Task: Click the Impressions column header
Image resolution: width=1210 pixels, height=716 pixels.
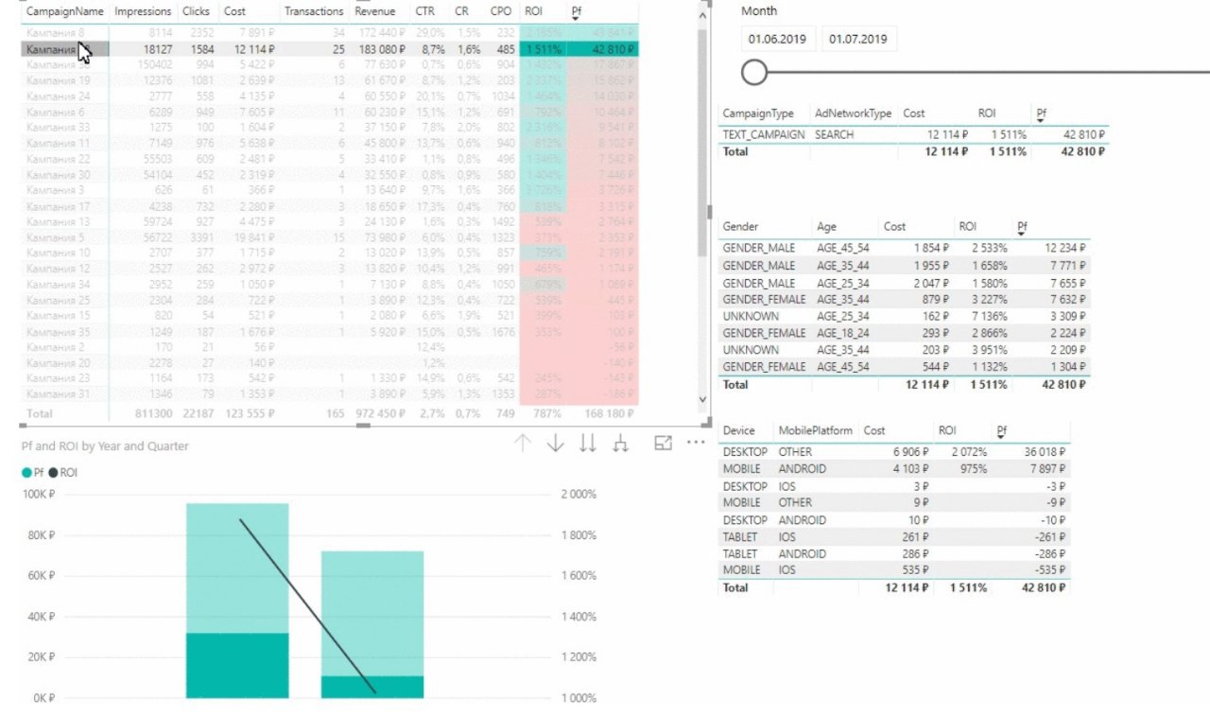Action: click(x=142, y=11)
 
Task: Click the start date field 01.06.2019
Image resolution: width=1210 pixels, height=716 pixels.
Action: click(x=776, y=40)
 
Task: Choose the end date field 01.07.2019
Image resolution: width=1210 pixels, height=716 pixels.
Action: click(x=857, y=40)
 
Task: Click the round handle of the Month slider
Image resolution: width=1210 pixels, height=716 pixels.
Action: click(x=754, y=72)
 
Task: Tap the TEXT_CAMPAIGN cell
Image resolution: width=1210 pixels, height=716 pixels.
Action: click(x=764, y=135)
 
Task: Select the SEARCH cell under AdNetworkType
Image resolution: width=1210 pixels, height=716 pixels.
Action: click(x=834, y=135)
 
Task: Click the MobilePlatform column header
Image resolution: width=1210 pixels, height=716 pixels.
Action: click(x=815, y=430)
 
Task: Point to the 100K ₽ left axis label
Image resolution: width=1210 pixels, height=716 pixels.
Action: click(x=39, y=495)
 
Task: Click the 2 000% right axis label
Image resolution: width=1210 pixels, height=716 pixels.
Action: click(x=578, y=495)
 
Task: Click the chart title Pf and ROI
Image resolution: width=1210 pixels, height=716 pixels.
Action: click(x=105, y=445)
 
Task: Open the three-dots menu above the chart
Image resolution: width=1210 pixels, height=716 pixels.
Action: click(x=697, y=443)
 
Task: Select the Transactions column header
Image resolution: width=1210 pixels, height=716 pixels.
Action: click(x=314, y=11)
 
